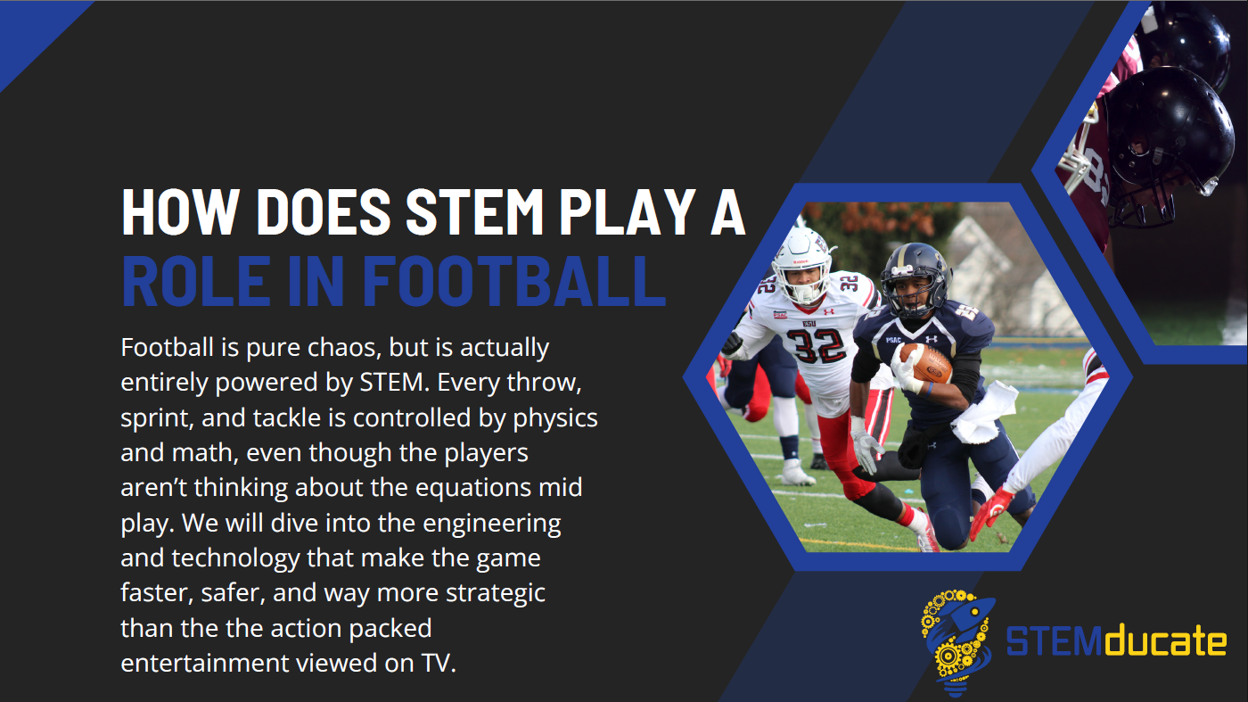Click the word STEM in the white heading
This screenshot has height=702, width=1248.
coord(474,212)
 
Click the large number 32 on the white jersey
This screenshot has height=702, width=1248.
coord(818,346)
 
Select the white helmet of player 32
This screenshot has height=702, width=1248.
coord(803,265)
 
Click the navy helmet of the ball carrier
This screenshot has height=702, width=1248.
coord(915,279)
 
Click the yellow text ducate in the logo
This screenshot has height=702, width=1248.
coord(1165,641)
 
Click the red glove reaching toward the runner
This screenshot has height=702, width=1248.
coord(990,510)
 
